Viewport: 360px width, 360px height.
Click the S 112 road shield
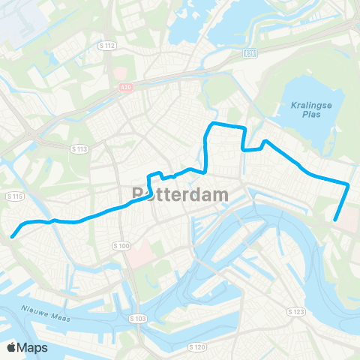109,46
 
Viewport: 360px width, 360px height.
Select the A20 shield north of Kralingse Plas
250,53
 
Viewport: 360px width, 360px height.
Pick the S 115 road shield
14,196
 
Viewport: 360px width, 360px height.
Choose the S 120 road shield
197,346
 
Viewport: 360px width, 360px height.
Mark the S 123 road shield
298,310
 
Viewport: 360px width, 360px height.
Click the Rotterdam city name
180,193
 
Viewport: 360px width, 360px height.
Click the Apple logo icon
11,348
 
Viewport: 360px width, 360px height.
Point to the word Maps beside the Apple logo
32,348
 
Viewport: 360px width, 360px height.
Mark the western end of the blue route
13,237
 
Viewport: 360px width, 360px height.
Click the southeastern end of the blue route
334,220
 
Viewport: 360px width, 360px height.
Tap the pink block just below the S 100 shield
137,258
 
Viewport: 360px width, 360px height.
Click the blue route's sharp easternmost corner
349,184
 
